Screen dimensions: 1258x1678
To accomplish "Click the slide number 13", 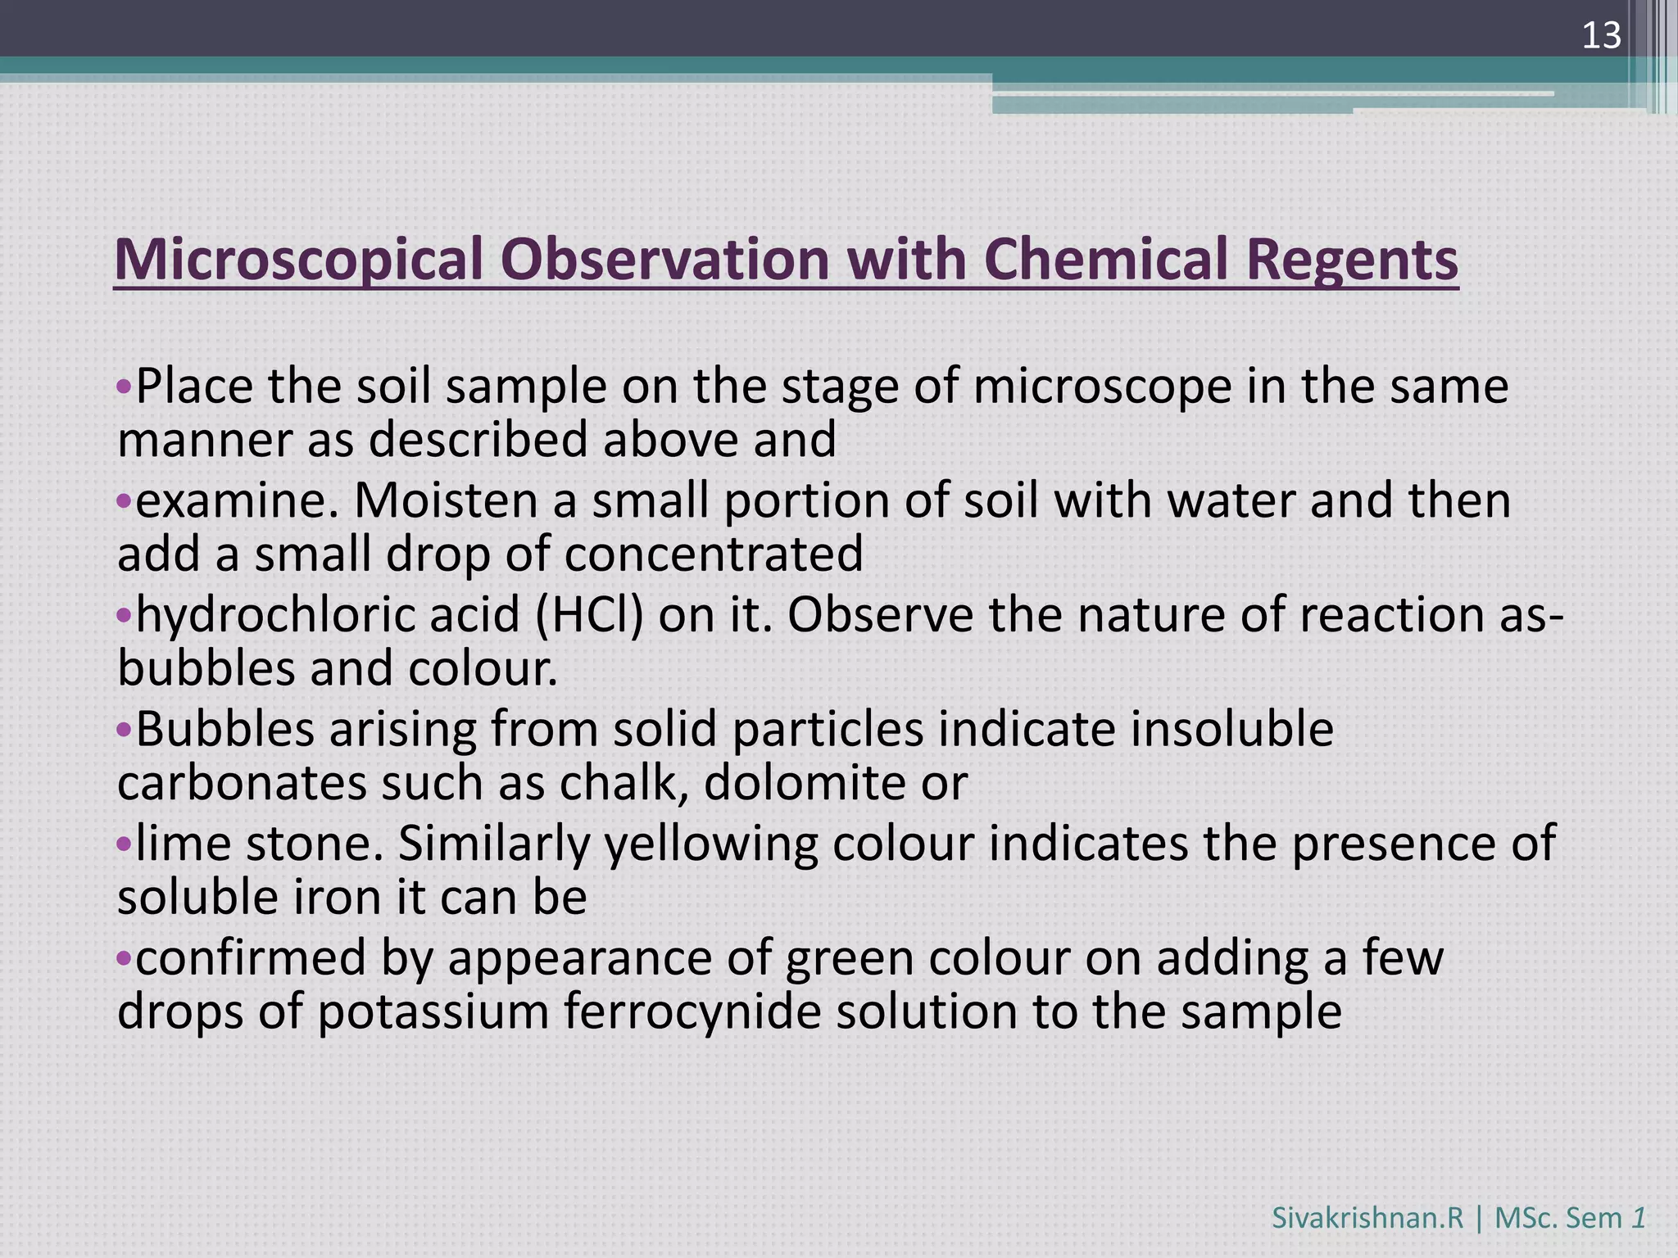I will pos(1601,36).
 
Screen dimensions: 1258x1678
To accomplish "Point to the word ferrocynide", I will pos(692,1011).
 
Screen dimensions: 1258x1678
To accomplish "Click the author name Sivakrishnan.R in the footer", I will pos(1367,1218).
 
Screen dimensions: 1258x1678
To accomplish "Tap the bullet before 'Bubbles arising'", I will pos(124,729).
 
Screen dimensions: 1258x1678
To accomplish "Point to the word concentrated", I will pos(714,554).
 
